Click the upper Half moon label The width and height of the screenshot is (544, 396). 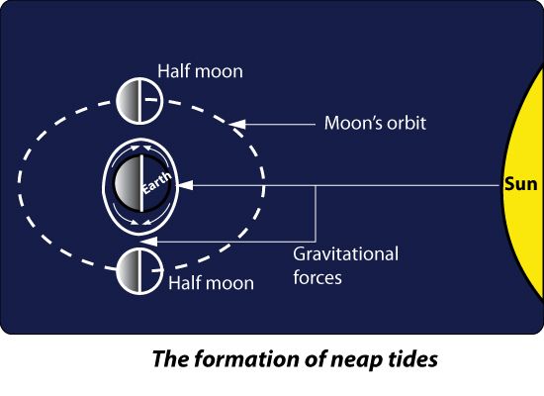200,71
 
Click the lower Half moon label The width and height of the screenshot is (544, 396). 211,283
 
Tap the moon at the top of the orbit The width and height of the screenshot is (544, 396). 139,101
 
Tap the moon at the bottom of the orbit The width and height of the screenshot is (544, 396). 139,271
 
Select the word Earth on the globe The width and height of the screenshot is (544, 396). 157,182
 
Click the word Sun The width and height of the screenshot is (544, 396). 520,184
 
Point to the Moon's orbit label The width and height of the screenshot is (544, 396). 375,123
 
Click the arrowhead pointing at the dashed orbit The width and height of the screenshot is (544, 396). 237,124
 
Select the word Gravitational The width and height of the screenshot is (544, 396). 345,253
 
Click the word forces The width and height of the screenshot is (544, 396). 317,277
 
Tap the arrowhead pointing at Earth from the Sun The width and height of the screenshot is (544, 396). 186,185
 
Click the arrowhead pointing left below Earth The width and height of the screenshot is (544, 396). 149,242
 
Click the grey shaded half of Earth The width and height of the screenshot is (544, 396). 128,183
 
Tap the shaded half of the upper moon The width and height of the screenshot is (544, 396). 128,101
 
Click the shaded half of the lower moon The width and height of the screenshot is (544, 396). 128,271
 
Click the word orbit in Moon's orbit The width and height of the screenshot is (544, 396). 407,123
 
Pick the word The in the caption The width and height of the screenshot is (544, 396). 171,358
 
